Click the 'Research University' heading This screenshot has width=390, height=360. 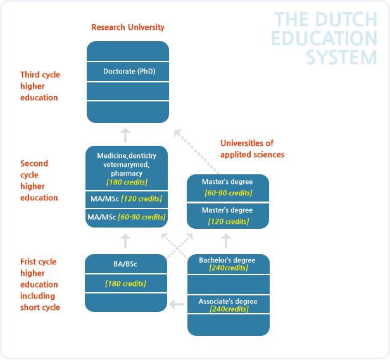[128, 27]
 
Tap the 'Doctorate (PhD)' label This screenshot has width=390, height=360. [129, 72]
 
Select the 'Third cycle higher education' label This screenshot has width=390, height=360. [40, 86]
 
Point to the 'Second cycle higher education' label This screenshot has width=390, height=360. [39, 181]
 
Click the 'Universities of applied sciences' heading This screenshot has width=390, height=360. [252, 149]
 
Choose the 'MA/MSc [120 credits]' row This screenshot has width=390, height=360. [127, 199]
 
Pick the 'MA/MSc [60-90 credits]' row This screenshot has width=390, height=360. [127, 217]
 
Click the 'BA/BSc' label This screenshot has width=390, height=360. [125, 264]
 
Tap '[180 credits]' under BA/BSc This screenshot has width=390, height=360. [125, 283]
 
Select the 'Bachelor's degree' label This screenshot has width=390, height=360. [227, 260]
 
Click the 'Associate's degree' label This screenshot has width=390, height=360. [228, 302]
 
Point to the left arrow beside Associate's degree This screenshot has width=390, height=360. [177, 304]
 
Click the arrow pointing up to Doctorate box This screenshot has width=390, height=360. [125, 135]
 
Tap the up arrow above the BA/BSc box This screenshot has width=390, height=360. [125, 241]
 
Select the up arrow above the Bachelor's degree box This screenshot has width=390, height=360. [226, 241]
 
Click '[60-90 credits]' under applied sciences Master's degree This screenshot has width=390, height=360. [229, 193]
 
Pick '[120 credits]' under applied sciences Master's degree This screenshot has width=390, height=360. [229, 222]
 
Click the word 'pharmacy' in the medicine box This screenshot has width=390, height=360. [127, 174]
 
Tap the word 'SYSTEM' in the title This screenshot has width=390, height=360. [341, 57]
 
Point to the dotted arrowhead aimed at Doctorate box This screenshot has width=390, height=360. [177, 132]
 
